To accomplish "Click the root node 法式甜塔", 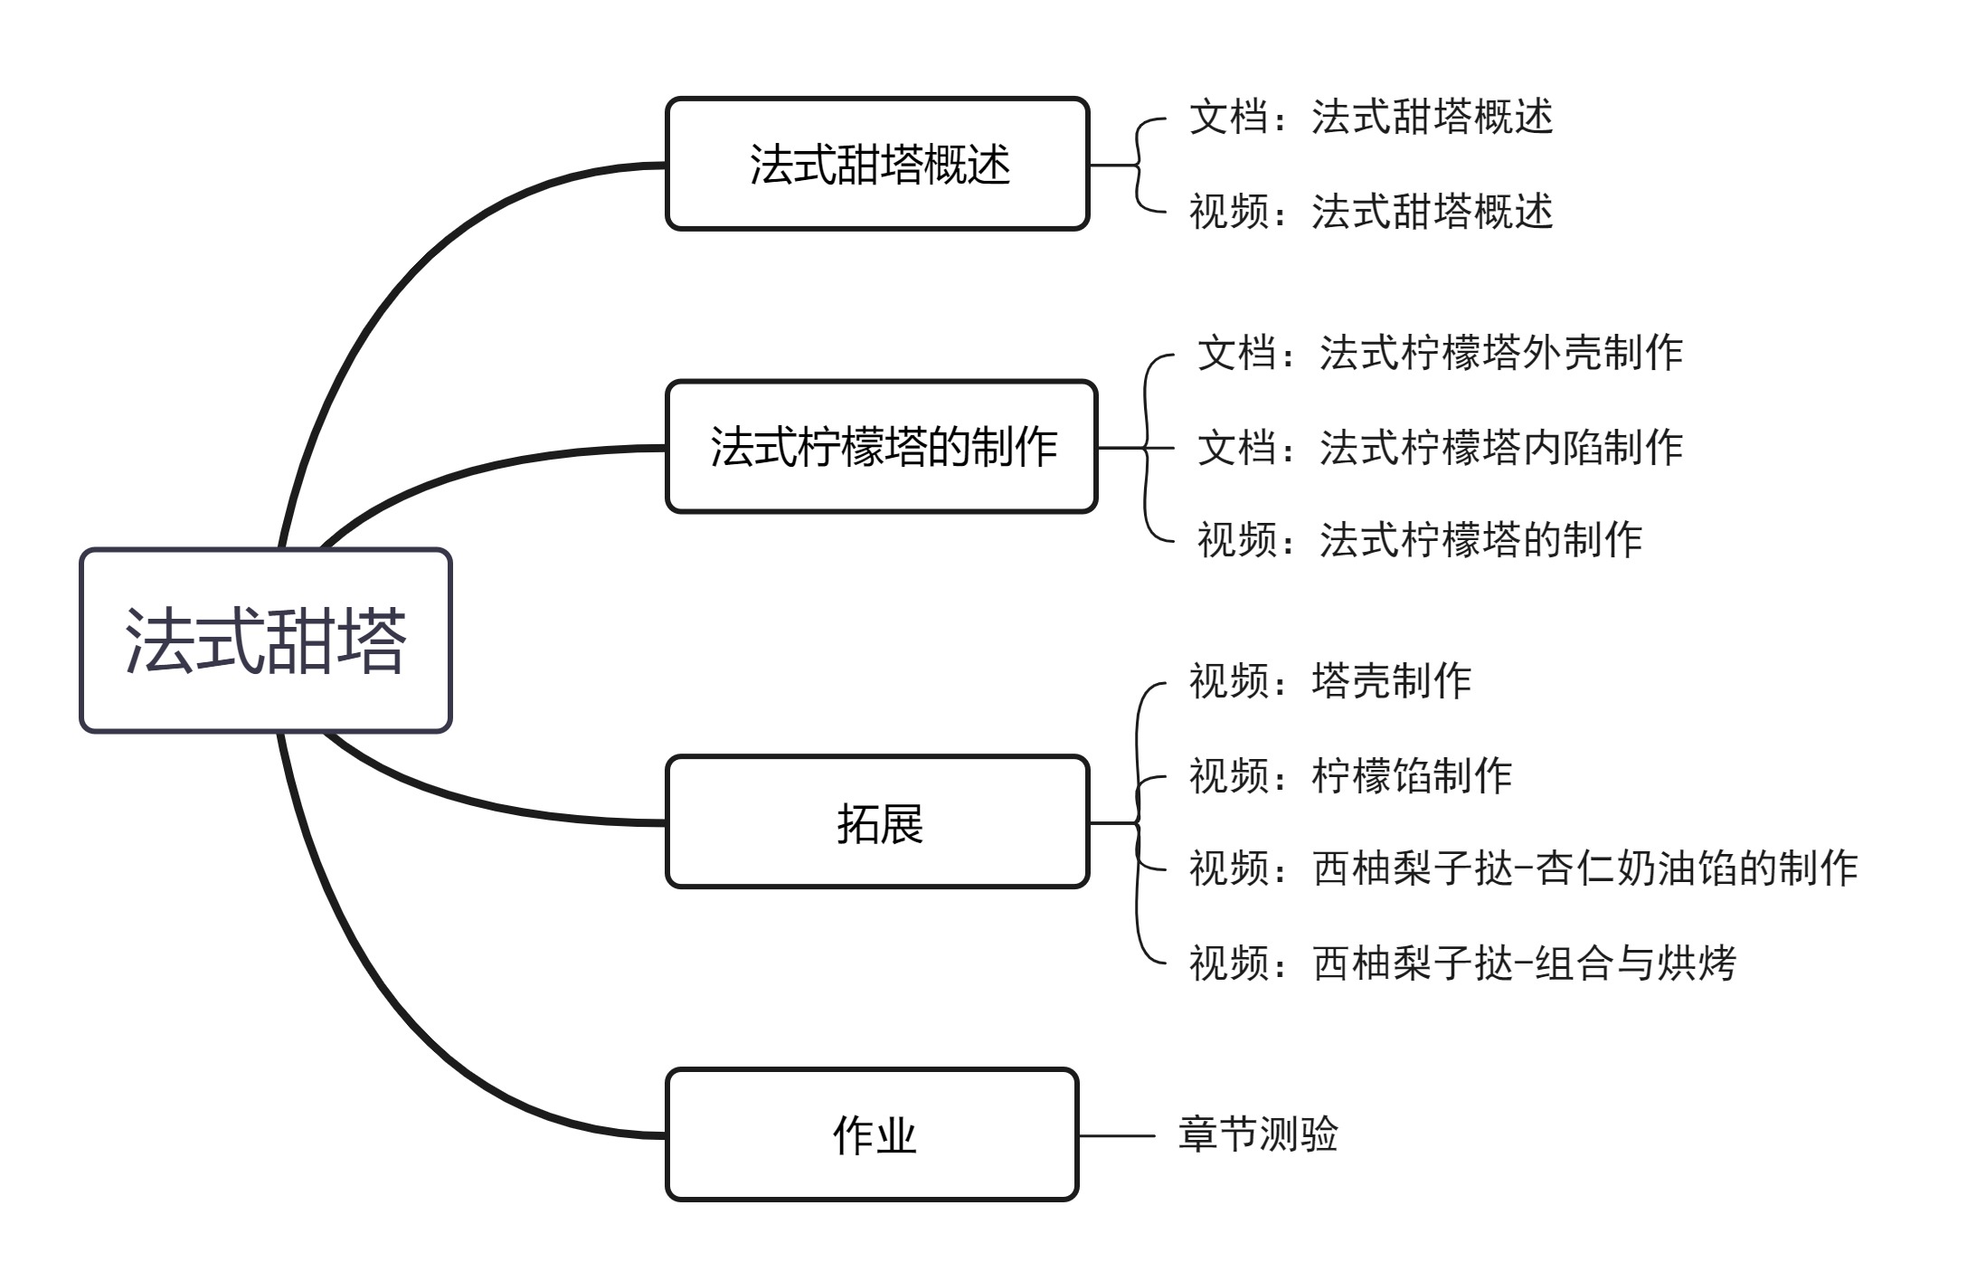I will [265, 640].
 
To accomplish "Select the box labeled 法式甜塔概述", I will [877, 164].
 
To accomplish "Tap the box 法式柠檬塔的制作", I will [882, 447].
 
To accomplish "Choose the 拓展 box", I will [877, 822].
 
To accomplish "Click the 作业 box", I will [873, 1134].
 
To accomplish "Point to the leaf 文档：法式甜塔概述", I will [1370, 118].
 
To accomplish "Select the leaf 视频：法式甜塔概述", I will [1370, 212].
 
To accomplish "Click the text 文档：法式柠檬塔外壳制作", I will [1440, 353].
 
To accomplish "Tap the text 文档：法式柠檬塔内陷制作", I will [1440, 447].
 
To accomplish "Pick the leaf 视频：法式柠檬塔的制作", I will [1420, 540].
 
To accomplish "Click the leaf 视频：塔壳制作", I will [1329, 681].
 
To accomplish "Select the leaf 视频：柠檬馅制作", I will [1350, 775].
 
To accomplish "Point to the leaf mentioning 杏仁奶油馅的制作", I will [1523, 868].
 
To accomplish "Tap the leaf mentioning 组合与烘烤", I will [1462, 963].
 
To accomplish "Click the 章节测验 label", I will [1257, 1134].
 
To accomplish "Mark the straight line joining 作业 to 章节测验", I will [1117, 1135].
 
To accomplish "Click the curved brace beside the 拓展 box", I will [1138, 822].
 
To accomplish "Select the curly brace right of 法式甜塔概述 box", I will [1138, 165].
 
